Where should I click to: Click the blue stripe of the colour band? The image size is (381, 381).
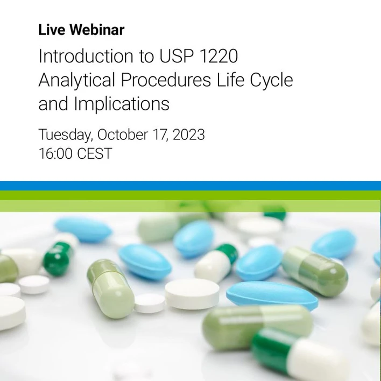pos(190,186)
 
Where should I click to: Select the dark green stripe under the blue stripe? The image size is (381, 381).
pos(190,195)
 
